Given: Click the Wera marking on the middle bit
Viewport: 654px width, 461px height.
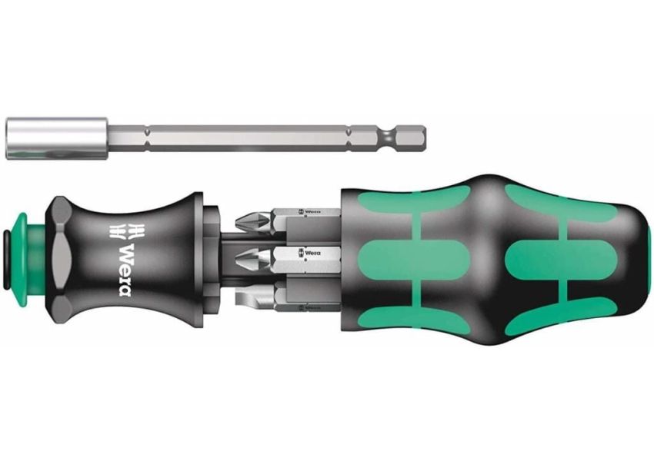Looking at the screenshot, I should pyautogui.click(x=310, y=250).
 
